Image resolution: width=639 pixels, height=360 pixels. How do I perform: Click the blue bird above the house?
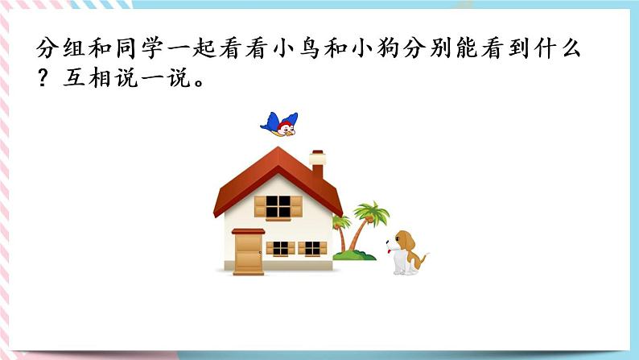pyautogui.click(x=279, y=123)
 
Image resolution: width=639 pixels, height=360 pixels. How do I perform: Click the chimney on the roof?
pyautogui.click(x=317, y=163)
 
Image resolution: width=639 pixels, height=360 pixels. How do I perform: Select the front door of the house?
pyautogui.click(x=248, y=251)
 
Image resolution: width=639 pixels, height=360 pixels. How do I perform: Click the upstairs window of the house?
pyautogui.click(x=278, y=206)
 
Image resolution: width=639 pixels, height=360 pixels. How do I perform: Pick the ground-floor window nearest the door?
pyautogui.click(x=279, y=248)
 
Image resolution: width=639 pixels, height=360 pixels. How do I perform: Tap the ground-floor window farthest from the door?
pyautogui.click(x=312, y=248)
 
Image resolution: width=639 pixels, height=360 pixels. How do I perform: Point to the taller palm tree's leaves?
pyautogui.click(x=372, y=213)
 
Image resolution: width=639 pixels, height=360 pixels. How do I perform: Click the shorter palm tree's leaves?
pyautogui.click(x=341, y=221)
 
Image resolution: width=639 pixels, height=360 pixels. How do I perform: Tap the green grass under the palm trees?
pyautogui.click(x=355, y=255)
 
